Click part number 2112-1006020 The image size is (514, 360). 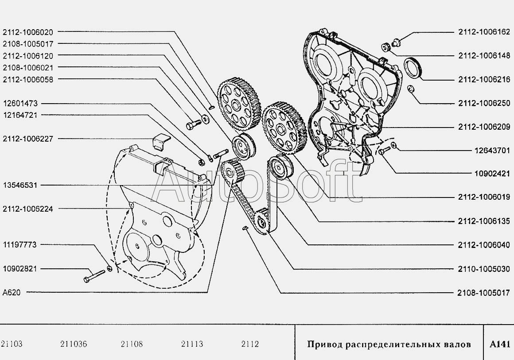pyautogui.click(x=28, y=32)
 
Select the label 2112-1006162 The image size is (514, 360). pyautogui.click(x=484, y=32)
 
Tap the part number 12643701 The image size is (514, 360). pyautogui.click(x=492, y=151)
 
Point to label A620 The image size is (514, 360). pyautogui.click(x=12, y=293)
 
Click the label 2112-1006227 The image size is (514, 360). pyautogui.click(x=28, y=139)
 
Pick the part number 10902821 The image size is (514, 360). pyautogui.click(x=20, y=269)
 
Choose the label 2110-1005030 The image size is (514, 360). pyautogui.click(x=484, y=269)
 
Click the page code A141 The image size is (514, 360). pyautogui.click(x=500, y=344)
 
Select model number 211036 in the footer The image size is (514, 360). pyautogui.click(x=74, y=344)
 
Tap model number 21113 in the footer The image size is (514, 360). pyautogui.click(x=192, y=344)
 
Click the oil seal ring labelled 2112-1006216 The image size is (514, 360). pyautogui.click(x=414, y=68)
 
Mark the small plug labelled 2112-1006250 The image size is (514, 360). pyautogui.click(x=410, y=89)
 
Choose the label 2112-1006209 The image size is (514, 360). pyautogui.click(x=484, y=127)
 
